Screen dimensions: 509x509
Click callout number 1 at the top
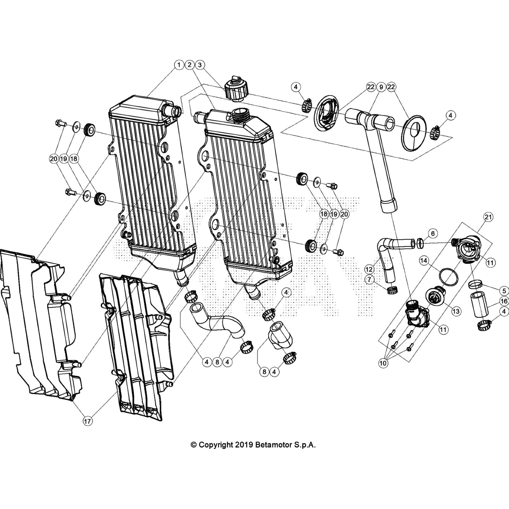179,65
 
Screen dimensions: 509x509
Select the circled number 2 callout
189,65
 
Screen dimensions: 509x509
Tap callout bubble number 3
200,65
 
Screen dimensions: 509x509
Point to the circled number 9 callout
381,87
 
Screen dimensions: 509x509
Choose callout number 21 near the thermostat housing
488,217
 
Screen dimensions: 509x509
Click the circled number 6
433,234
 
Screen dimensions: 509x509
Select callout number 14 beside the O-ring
423,261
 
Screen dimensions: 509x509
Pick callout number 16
504,301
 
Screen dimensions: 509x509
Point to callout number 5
504,290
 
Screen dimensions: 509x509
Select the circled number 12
369,269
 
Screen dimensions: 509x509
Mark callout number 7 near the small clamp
369,280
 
